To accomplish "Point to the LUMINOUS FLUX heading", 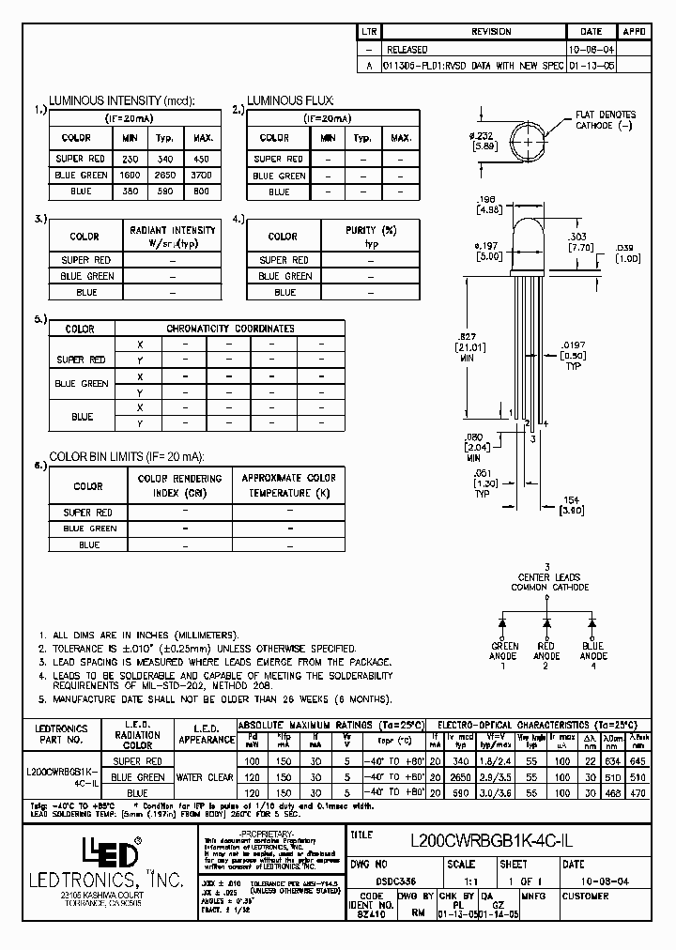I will point(290,100).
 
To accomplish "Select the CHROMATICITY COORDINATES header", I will point(230,329).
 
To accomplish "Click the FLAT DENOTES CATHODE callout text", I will point(605,120).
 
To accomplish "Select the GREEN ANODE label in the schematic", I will point(505,651).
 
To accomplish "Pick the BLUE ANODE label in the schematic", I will point(593,651).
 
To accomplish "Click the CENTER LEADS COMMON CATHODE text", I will point(549,582).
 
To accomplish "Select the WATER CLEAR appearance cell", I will point(205,777).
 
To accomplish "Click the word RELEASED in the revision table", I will point(407,50).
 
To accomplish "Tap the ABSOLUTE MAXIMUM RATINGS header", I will point(330,725).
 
